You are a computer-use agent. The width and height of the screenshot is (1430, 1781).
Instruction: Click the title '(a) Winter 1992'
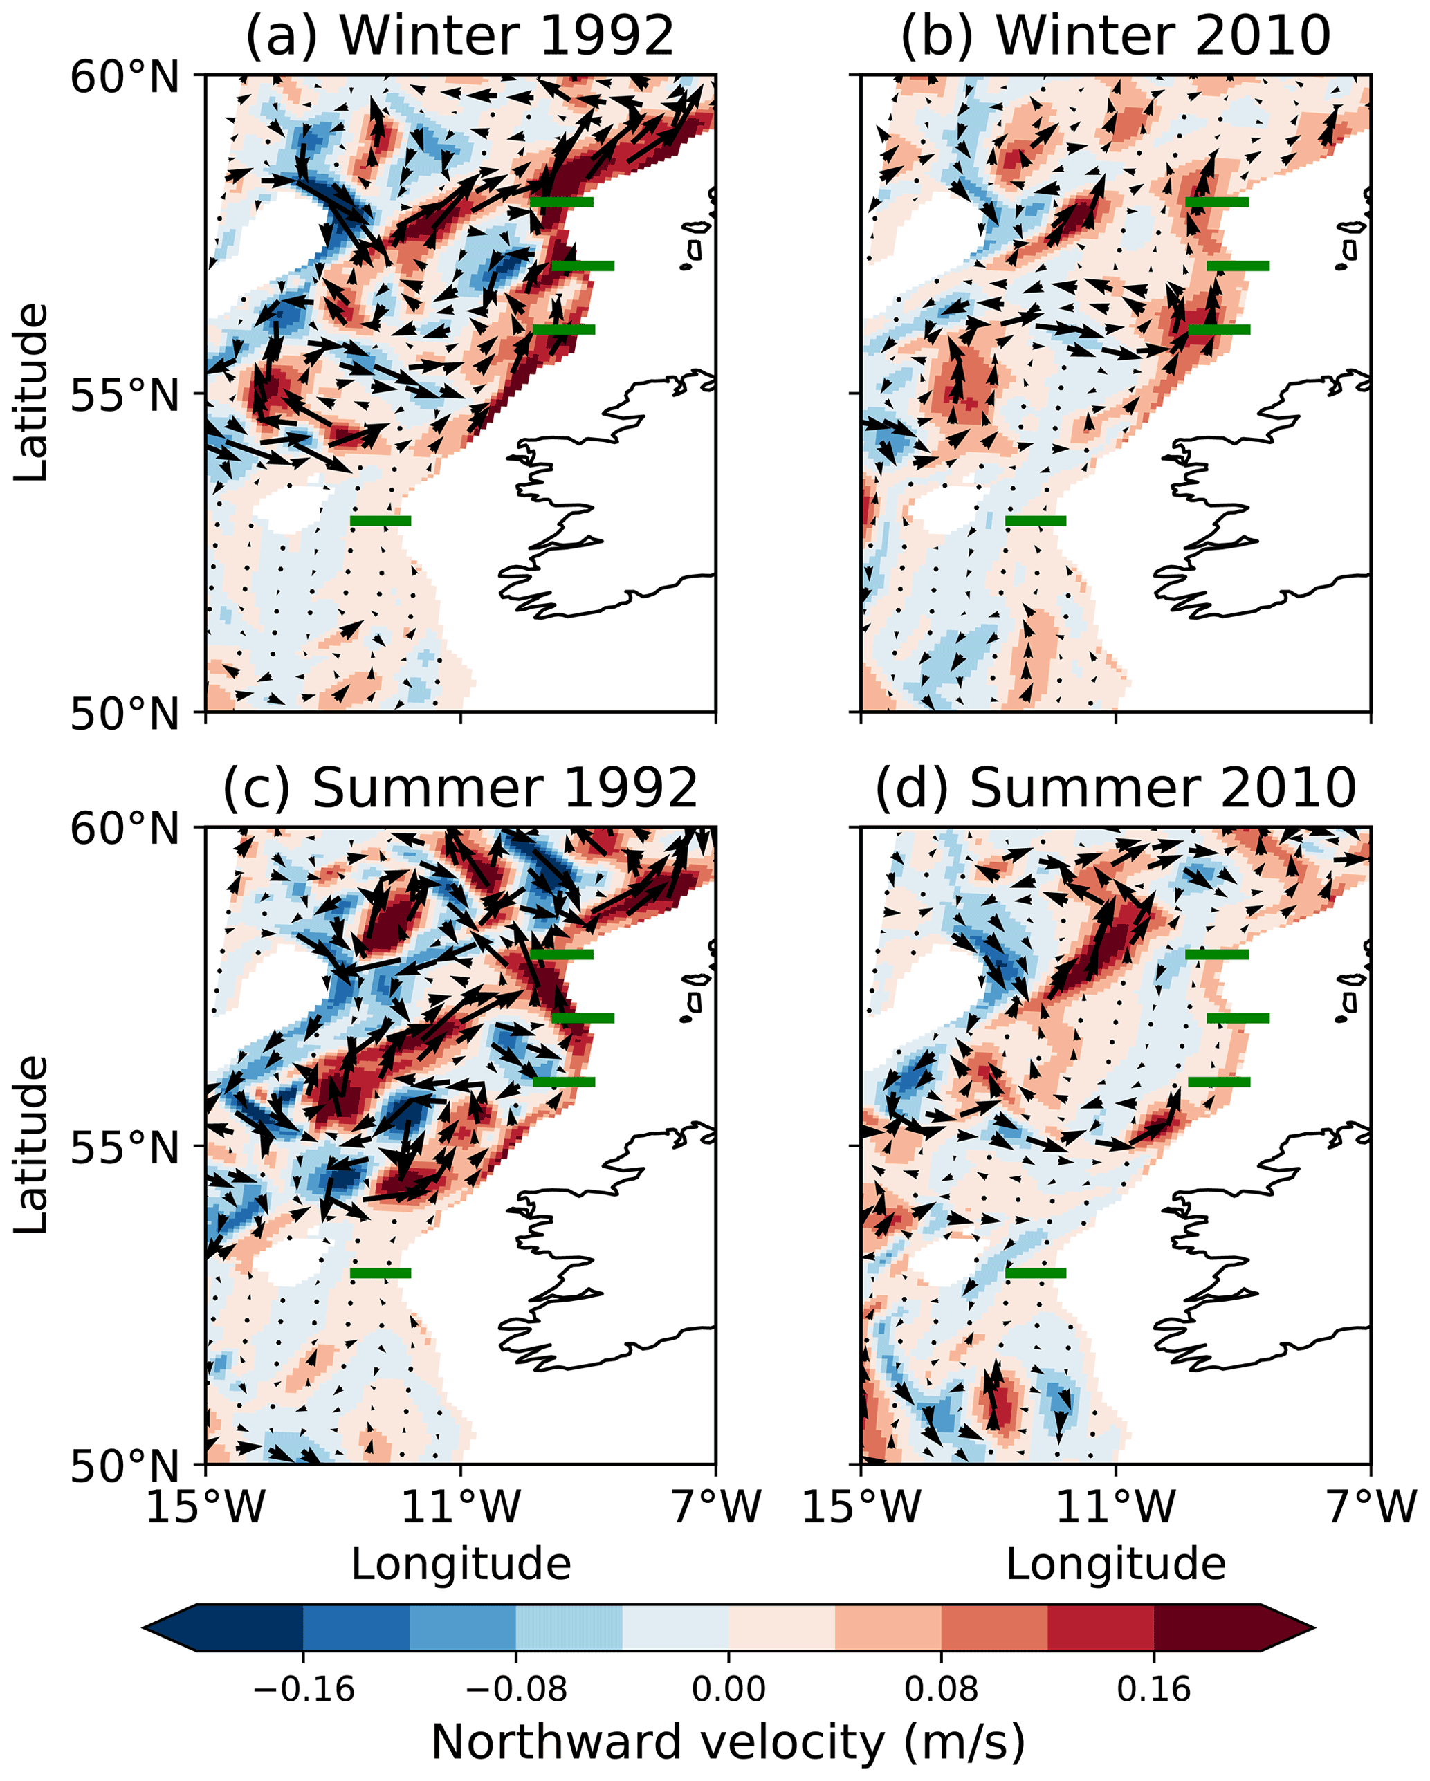pyautogui.click(x=460, y=37)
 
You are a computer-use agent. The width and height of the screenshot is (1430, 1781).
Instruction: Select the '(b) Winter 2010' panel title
pyautogui.click(x=1115, y=37)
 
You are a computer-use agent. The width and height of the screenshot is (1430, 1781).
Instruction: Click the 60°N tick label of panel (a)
pyautogui.click(x=124, y=78)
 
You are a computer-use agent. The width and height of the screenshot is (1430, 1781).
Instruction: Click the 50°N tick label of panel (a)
pyautogui.click(x=124, y=714)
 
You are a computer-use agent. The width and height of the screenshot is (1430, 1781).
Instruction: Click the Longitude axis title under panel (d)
pyautogui.click(x=1115, y=1564)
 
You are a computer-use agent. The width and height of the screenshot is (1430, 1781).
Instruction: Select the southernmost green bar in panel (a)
pyautogui.click(x=380, y=520)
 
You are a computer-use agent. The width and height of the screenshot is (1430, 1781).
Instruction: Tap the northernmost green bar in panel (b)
pyautogui.click(x=1216, y=201)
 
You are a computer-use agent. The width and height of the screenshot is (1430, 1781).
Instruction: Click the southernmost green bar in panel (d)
pyautogui.click(x=1035, y=1273)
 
